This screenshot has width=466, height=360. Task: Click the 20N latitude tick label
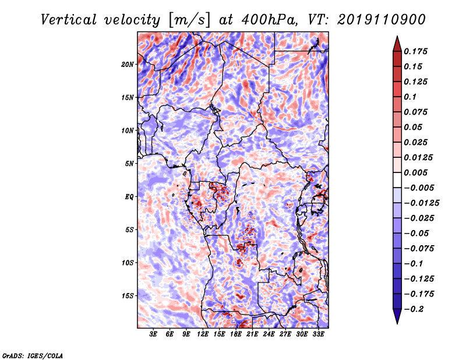127,65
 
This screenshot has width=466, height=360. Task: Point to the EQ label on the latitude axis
129,197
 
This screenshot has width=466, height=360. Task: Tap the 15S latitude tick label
127,296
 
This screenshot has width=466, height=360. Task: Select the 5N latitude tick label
129,164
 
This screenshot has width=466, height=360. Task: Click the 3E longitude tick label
153,334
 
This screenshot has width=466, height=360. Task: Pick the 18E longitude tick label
236,334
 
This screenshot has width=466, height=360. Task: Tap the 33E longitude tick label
318,334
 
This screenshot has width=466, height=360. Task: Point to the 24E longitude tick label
269,334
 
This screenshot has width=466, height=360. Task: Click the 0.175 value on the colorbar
416,51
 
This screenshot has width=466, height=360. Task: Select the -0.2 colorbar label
414,309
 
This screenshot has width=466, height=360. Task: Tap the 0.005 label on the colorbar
416,172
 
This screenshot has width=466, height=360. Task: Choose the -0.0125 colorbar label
421,203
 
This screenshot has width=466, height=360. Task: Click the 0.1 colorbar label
410,97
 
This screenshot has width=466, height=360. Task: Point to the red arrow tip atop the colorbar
397,37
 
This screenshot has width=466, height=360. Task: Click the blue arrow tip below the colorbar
397,323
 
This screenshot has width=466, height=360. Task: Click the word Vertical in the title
69,20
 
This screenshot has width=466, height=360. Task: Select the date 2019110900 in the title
382,20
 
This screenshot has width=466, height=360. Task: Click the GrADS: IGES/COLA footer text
33,355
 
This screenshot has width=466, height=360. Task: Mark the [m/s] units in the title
189,20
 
